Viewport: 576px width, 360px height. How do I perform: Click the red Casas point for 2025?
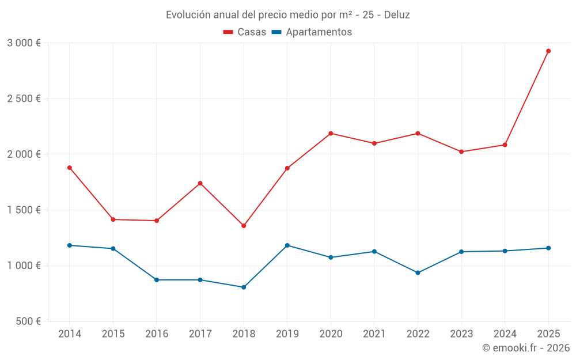coord(548,51)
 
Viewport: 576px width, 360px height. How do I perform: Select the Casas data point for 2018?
coord(244,226)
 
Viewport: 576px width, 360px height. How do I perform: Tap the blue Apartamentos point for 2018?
coord(244,287)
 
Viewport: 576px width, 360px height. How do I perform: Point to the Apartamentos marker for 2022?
coord(418,272)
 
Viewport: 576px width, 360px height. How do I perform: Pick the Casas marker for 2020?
coord(331,133)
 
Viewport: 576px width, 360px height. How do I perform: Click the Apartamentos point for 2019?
coord(287,245)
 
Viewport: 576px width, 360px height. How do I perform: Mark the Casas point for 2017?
coord(200,183)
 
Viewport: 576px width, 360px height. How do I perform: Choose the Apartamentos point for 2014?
coord(70,245)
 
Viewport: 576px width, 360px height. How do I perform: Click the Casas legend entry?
coord(245,32)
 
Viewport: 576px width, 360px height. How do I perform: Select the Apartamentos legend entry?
coord(311,32)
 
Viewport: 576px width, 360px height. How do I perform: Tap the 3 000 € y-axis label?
coord(24,43)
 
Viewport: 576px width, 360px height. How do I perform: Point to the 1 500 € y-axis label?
coord(24,210)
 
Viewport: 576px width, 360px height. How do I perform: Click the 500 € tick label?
coord(28,321)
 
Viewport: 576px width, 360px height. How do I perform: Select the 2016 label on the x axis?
coord(157,334)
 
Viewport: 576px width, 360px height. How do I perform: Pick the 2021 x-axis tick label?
coord(374,334)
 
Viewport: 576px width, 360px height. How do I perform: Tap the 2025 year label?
coord(548,334)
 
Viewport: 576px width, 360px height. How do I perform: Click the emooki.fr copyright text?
coord(526,348)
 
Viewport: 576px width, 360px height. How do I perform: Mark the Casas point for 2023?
coord(461,151)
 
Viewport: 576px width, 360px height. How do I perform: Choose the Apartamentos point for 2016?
coord(157,280)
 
